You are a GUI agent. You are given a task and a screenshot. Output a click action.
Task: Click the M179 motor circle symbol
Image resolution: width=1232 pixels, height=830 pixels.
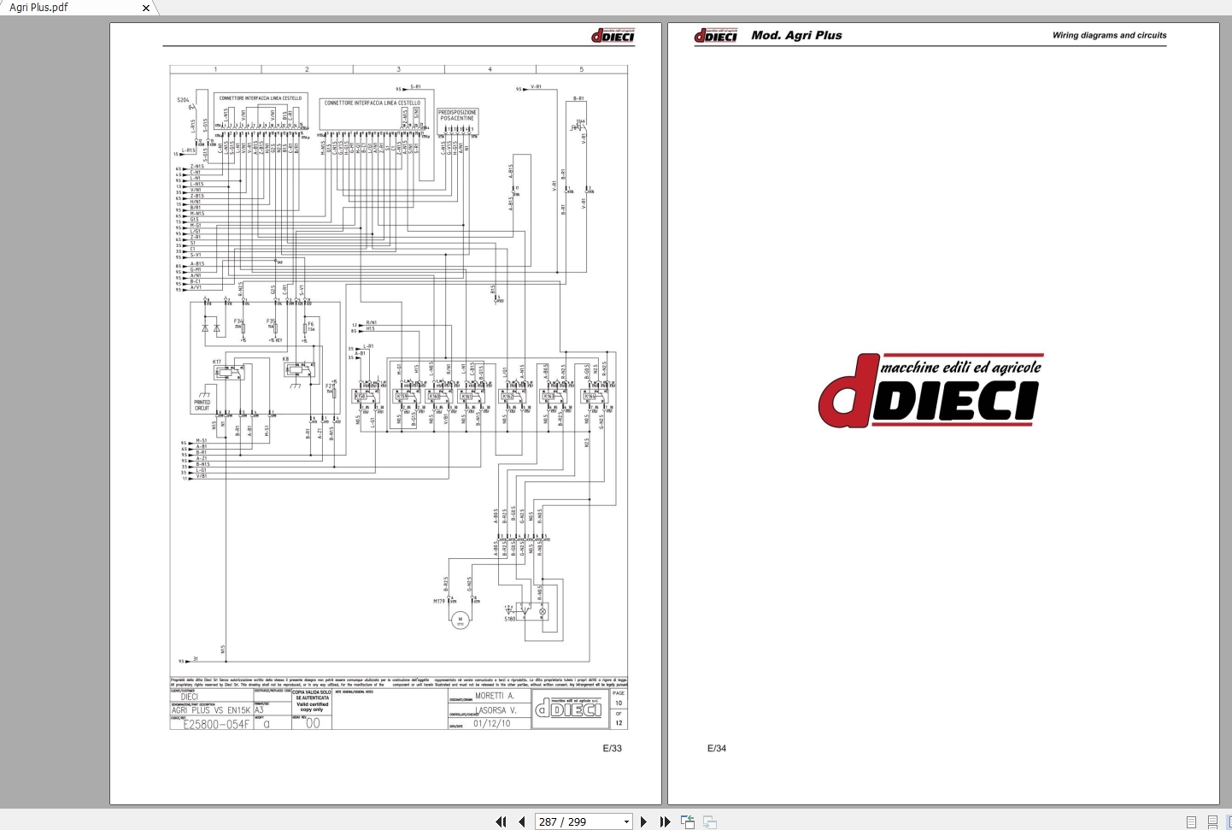[461, 619]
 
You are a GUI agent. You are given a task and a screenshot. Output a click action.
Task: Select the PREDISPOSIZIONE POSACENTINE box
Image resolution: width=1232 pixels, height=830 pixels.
[457, 115]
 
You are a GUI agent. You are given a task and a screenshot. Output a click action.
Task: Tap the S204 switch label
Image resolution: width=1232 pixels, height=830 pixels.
[183, 100]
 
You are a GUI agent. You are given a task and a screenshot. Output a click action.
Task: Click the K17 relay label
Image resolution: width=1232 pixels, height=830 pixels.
[217, 362]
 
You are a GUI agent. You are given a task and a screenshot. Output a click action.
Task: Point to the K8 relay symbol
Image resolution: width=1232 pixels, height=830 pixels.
[298, 370]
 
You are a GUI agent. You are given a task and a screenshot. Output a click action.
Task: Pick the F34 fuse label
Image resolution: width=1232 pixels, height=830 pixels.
[238, 321]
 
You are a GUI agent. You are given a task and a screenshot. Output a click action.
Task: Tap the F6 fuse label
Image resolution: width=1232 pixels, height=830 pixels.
[311, 324]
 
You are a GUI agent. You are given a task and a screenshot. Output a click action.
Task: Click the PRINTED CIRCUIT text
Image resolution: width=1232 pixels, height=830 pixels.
[202, 405]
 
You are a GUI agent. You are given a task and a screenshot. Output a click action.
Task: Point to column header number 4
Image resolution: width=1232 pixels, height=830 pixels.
[490, 69]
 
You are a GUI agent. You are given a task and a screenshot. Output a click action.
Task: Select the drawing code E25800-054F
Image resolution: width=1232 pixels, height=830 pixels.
[216, 724]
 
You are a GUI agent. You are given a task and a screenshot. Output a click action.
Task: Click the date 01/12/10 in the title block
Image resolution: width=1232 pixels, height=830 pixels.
[491, 723]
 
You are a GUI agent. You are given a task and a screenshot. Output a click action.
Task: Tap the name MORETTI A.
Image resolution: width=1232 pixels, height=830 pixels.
[494, 696]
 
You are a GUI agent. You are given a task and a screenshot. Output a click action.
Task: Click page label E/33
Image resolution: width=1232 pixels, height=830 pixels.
[612, 748]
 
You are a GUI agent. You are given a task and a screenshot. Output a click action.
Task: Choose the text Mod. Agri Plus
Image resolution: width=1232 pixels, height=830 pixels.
[796, 35]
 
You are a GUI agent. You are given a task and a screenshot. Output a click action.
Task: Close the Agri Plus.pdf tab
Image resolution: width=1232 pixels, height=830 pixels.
[146, 8]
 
